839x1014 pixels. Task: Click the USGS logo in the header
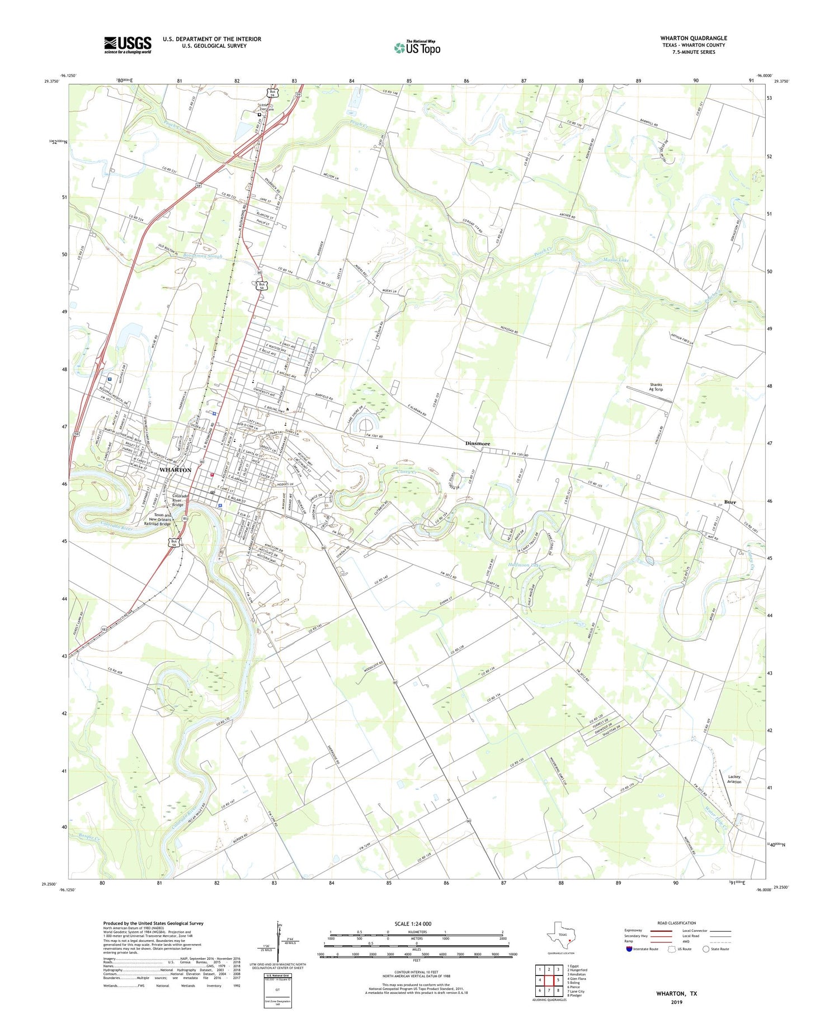pyautogui.click(x=128, y=45)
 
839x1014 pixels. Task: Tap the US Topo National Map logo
pyautogui.click(x=417, y=48)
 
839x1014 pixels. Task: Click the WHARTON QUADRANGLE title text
pyautogui.click(x=694, y=38)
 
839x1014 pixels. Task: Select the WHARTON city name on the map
pyautogui.click(x=175, y=470)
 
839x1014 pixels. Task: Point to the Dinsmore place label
pyautogui.click(x=478, y=444)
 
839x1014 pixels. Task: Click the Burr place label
pyautogui.click(x=730, y=502)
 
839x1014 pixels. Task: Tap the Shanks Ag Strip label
pyautogui.click(x=656, y=387)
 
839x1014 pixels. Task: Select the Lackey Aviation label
pyautogui.click(x=734, y=779)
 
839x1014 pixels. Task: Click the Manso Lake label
pyautogui.click(x=616, y=260)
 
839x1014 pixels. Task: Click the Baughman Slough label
pyautogui.click(x=202, y=256)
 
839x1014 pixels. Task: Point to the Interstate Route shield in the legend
pyautogui.click(x=629, y=949)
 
